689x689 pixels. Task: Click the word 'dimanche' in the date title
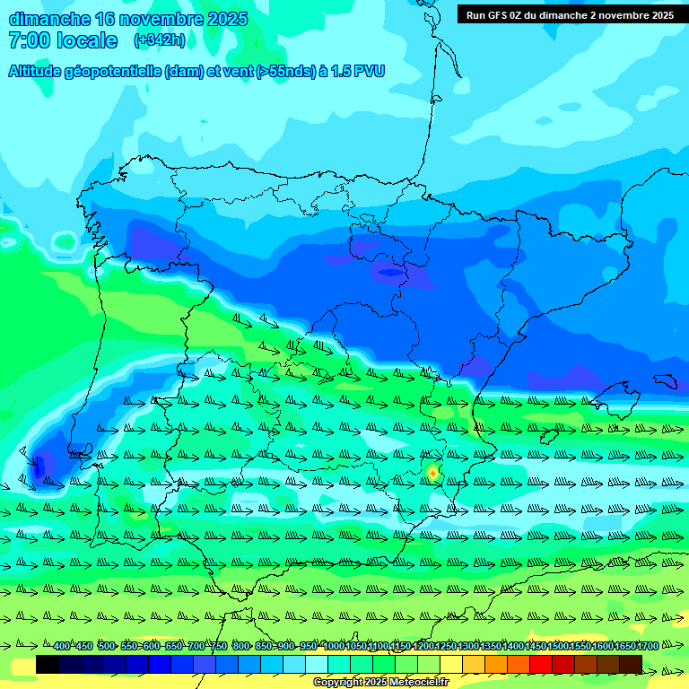(x=49, y=19)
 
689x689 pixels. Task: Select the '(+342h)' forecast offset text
(x=159, y=40)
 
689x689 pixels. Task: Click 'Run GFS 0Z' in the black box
(x=497, y=15)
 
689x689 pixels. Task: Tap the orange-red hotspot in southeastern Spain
(x=432, y=472)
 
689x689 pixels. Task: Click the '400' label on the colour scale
(x=61, y=646)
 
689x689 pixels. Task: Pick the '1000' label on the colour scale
(x=333, y=646)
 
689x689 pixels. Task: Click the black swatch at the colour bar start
(x=48, y=665)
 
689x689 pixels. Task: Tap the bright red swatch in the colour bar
(x=541, y=665)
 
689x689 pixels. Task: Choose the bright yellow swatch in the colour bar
(x=451, y=665)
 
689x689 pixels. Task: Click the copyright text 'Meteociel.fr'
(x=418, y=683)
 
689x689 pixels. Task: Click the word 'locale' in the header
(x=88, y=40)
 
